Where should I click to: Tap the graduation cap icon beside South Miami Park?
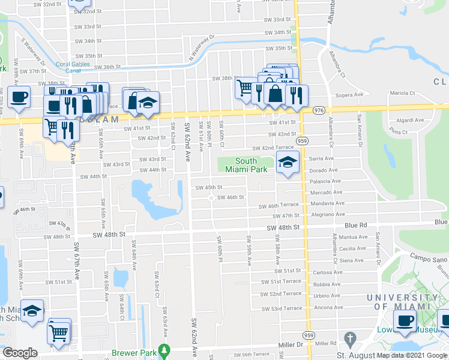coord(288,162)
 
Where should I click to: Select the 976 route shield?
coord(319,110)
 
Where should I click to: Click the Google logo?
coord(20,353)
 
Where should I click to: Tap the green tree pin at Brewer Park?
coord(169,351)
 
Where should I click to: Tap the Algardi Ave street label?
coord(411,121)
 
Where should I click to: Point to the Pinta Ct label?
coord(399,131)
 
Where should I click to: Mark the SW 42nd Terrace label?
coord(273,148)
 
